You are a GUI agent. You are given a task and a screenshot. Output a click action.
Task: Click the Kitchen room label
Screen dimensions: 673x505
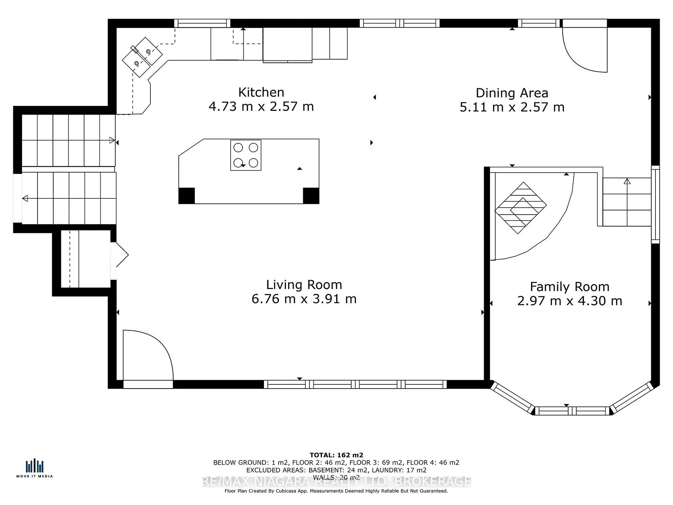coord(261,92)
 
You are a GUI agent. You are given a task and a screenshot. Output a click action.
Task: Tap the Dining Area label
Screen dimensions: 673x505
coord(512,93)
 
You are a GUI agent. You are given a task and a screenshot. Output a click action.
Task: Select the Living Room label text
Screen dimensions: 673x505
coord(304,285)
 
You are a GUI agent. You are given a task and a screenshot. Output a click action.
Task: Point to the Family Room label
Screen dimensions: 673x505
coord(570,287)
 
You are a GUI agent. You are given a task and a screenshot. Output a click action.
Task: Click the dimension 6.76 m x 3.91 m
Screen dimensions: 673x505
coord(304,299)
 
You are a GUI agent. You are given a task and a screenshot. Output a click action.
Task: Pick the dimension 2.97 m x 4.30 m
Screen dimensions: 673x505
coord(570,301)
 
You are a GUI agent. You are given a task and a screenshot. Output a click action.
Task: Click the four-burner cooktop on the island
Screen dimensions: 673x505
coord(246,155)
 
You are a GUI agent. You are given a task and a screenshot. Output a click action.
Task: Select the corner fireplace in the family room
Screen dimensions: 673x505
coord(521,208)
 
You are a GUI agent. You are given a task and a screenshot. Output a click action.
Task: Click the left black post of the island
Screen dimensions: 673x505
coord(186,196)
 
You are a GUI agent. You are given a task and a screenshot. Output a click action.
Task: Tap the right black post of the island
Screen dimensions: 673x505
coord(311,196)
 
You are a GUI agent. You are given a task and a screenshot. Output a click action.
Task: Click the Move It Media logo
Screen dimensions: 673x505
coord(34,468)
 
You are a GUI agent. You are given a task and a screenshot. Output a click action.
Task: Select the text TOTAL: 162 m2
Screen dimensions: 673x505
coord(336,455)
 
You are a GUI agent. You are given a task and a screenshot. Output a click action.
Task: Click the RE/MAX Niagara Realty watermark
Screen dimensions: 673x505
coord(336,482)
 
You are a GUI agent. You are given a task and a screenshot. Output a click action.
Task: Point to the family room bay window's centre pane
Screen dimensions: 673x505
coord(572,411)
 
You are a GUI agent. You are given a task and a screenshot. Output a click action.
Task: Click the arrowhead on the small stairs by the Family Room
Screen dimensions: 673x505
coord(627,181)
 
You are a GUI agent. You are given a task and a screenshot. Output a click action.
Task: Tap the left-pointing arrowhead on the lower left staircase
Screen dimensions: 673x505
coord(25,198)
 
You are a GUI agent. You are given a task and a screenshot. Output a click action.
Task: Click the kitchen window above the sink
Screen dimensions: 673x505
coord(202,23)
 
